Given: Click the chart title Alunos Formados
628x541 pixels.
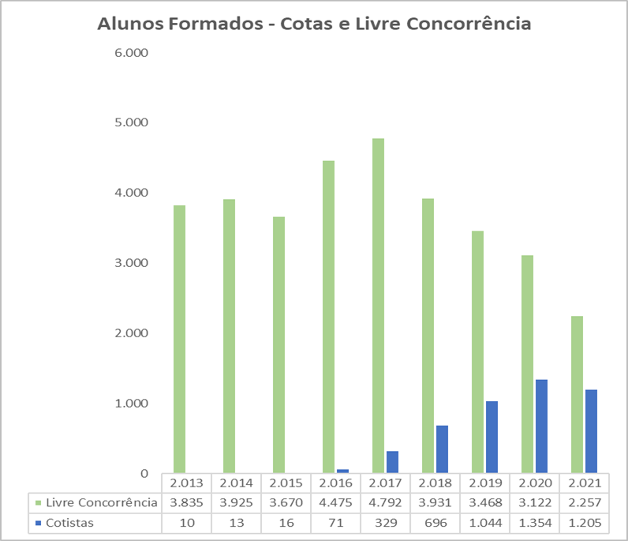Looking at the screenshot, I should coord(314,24).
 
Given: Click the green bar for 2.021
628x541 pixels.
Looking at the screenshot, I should coord(577,394).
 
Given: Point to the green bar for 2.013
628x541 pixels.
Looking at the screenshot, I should coord(180,339).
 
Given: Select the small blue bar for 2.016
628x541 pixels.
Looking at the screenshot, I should coord(342,471).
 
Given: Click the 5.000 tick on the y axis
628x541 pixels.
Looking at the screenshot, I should coord(133,123).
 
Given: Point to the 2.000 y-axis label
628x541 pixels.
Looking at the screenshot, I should coord(133,333).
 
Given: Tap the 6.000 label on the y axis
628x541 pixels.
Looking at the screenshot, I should coord(133,53).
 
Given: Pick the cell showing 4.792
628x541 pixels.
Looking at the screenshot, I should coord(384,502).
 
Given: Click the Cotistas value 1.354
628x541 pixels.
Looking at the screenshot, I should coord(533,522).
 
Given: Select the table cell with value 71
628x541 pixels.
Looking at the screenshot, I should coord(335,522).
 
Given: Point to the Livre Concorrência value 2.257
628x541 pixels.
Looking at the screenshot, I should coord(583,502).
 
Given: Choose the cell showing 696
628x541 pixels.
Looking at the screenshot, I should coord(434,522).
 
